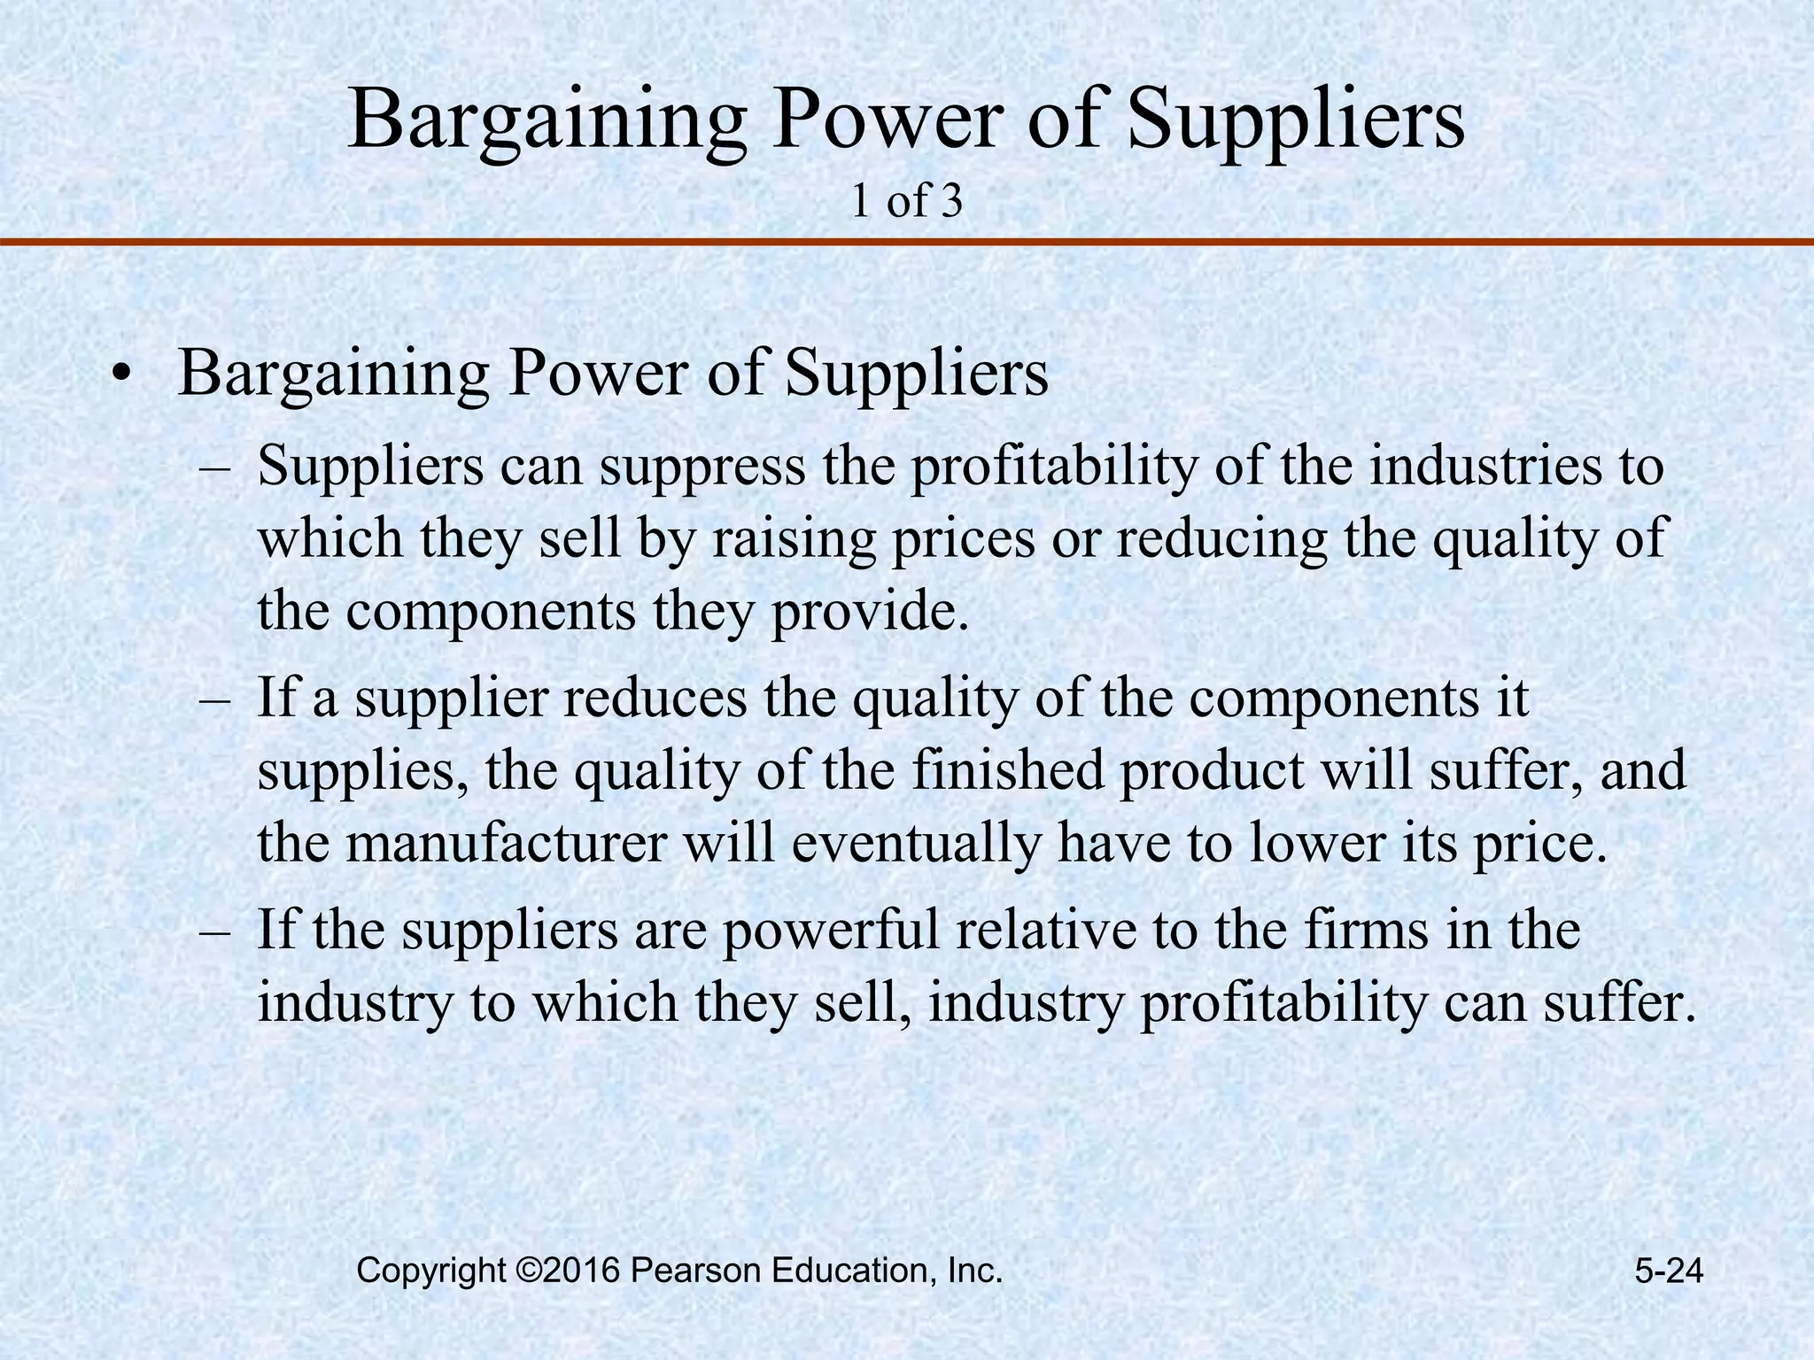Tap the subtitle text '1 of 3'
pyautogui.click(x=906, y=202)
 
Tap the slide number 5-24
pyautogui.click(x=1669, y=1271)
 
